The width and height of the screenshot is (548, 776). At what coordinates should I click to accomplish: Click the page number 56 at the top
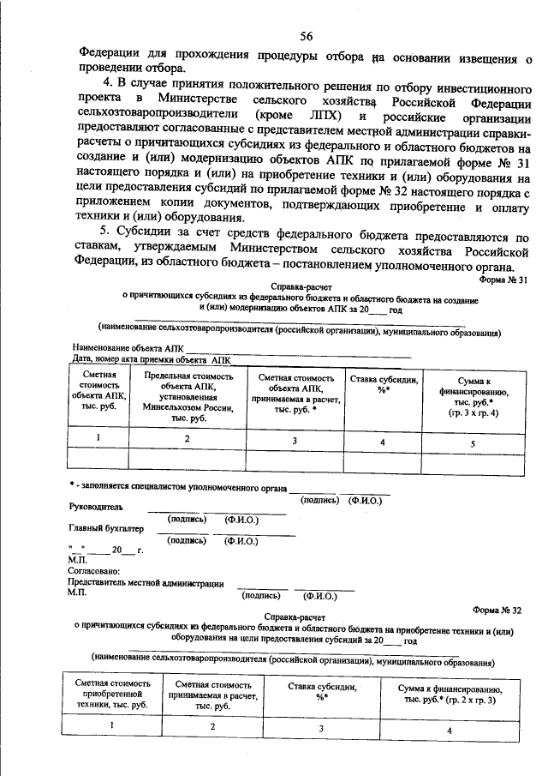[307, 35]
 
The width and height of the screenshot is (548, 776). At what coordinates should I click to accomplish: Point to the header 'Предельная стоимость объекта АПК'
[188, 397]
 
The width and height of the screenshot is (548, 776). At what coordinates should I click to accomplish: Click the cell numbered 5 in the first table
[473, 443]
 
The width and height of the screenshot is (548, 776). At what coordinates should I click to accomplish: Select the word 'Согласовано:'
[93, 570]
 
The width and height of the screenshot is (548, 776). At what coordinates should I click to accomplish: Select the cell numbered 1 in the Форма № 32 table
[112, 726]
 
